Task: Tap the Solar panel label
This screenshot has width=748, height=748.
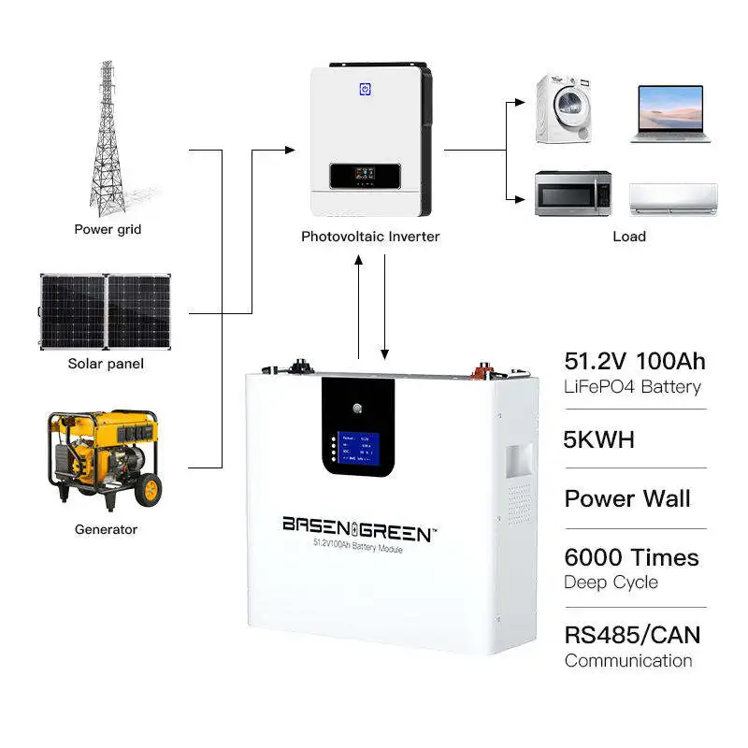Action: coord(107,364)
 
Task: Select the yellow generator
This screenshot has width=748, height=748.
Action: coord(102,459)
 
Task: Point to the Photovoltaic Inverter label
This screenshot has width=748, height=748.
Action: coord(370,237)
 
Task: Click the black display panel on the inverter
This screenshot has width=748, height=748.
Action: coord(365,175)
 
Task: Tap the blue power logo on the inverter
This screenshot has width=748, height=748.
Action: coord(365,90)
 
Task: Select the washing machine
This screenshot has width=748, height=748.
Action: coord(564,109)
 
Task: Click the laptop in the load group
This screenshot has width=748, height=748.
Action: coord(669,114)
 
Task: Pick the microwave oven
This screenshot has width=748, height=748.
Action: coord(572,194)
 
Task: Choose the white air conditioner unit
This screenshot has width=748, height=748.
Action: coord(672,197)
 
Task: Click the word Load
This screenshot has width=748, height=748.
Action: coord(629,237)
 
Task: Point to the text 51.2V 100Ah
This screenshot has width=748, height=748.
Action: coord(635,362)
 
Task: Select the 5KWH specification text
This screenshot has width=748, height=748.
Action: coord(599,438)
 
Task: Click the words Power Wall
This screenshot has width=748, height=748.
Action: coord(627,497)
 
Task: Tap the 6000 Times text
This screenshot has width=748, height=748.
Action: coord(631,557)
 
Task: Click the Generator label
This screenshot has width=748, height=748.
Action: coord(106,529)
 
